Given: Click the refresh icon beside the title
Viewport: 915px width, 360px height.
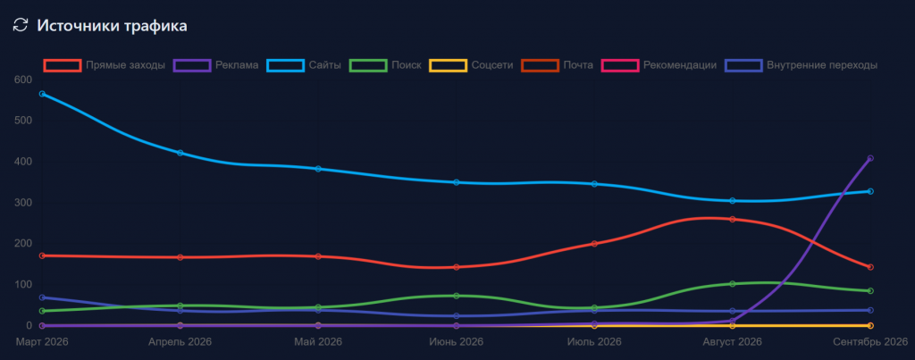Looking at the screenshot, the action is (x=21, y=25).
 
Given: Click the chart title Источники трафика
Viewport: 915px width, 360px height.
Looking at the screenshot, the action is (x=112, y=26).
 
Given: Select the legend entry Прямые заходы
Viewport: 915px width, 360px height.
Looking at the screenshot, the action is (x=105, y=65).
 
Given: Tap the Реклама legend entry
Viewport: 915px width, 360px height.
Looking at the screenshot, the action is (x=216, y=65).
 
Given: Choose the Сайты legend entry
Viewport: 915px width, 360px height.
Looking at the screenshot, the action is (x=304, y=65).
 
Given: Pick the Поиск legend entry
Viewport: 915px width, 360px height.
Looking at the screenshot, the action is (x=385, y=65).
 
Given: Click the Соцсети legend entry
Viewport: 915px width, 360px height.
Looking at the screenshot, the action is (x=471, y=65).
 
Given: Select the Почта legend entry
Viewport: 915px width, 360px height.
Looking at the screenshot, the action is (x=558, y=65).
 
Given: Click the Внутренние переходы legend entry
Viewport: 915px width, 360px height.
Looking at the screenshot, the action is (x=802, y=65).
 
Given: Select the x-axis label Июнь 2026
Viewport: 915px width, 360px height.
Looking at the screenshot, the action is (x=456, y=341).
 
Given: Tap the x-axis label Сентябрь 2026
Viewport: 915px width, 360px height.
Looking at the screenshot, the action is (x=870, y=341).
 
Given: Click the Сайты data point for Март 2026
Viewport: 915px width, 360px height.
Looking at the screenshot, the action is (x=43, y=94).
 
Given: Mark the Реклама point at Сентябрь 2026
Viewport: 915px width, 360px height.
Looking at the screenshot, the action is (x=870, y=158).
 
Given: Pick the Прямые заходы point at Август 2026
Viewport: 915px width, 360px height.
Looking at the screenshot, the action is (x=733, y=220).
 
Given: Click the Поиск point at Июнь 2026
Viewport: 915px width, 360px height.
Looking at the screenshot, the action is (x=457, y=296).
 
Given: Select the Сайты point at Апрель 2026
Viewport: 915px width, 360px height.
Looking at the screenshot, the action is (x=180, y=153).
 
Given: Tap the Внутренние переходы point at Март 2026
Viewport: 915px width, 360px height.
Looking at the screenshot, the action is (x=43, y=297).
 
